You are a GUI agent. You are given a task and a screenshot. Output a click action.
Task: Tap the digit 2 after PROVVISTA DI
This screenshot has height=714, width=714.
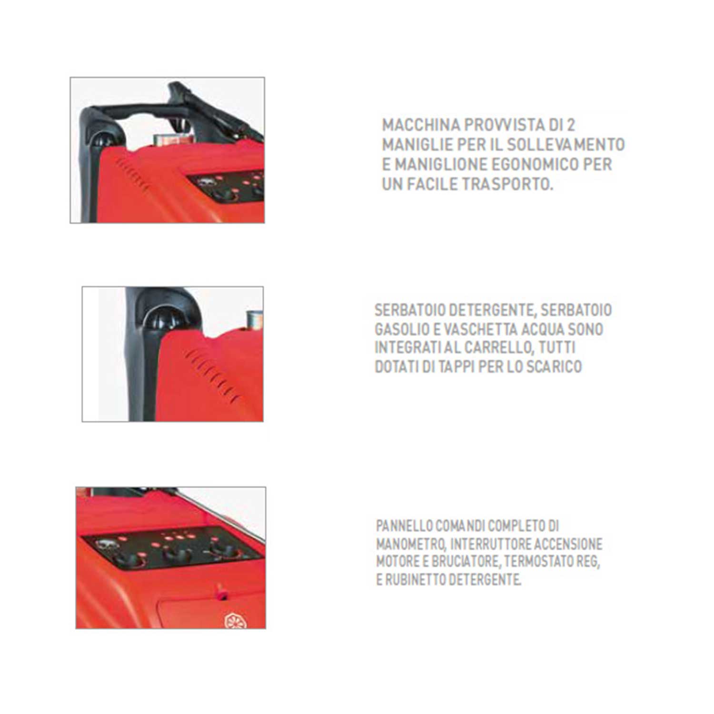[571, 125]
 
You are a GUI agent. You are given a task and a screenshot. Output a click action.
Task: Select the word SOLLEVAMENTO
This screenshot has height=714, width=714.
[565, 145]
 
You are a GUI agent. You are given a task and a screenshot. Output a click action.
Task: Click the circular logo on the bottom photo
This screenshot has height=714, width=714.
[233, 620]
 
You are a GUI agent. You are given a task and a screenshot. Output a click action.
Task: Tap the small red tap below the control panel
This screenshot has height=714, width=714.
[221, 593]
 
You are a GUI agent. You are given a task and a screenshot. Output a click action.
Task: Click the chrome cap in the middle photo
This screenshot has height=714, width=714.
[253, 320]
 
